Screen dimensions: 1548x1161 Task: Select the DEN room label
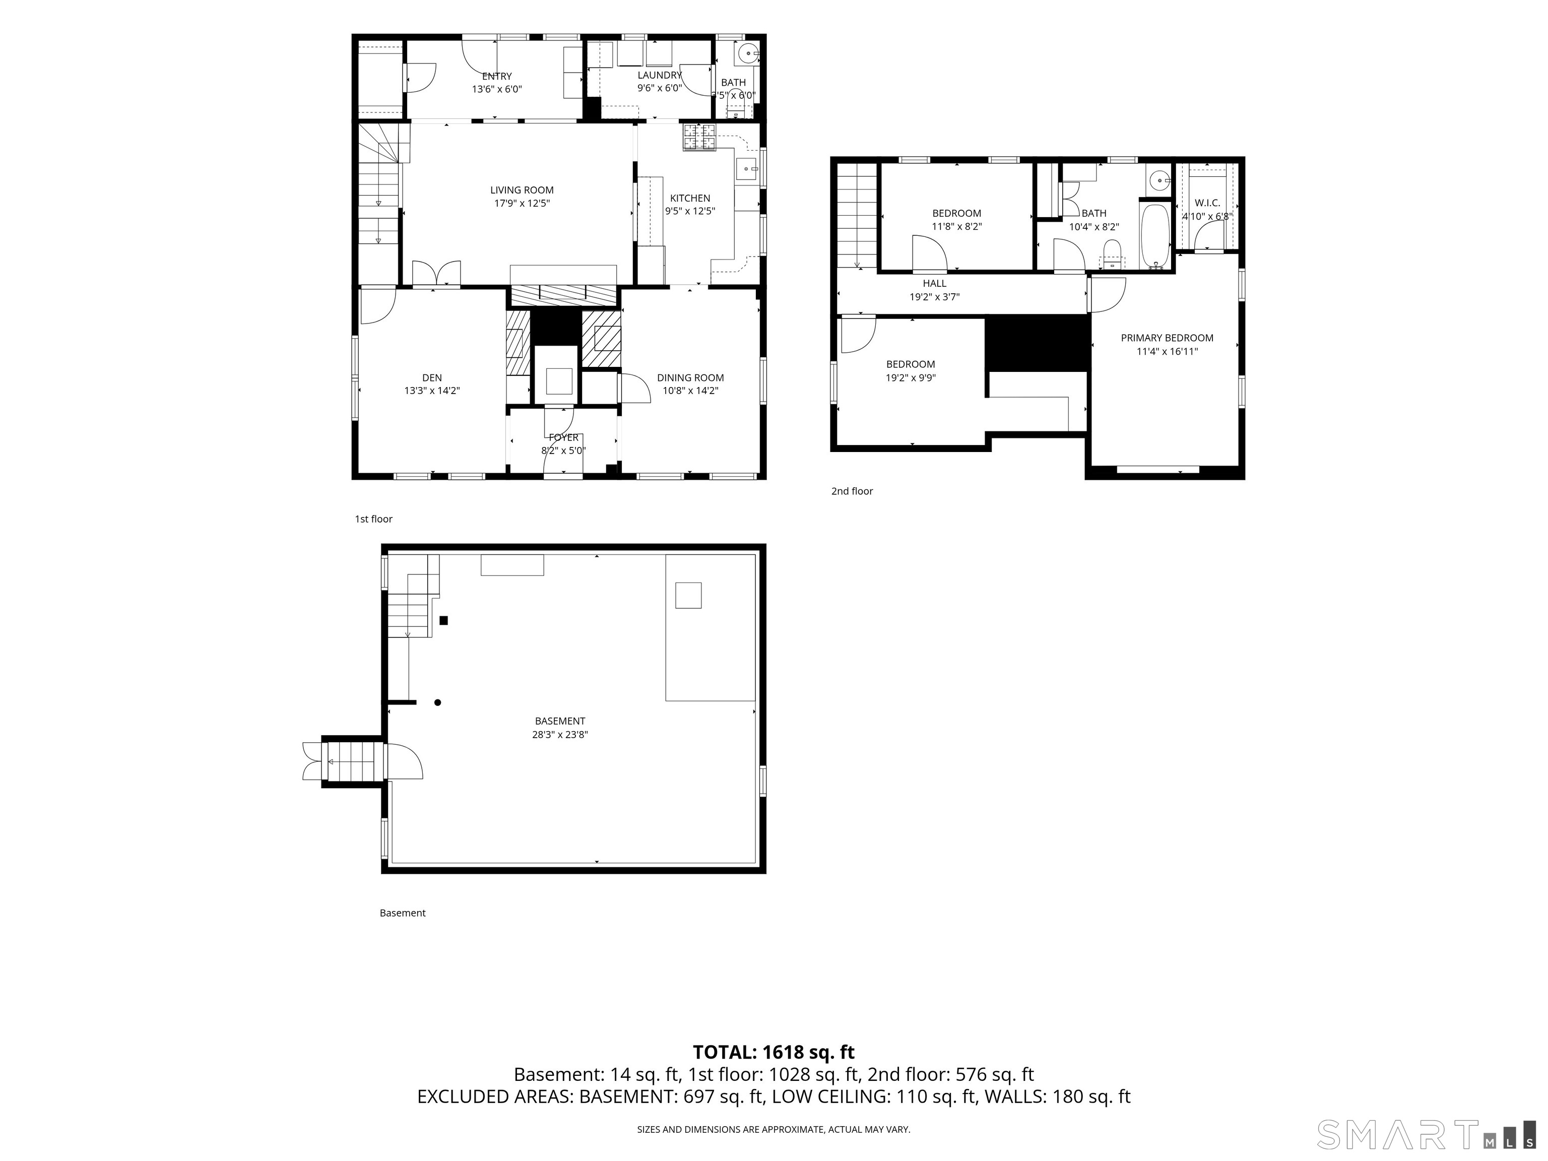coord(432,378)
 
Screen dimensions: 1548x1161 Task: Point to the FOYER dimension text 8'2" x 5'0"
coord(563,450)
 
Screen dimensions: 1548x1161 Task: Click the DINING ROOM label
coord(690,378)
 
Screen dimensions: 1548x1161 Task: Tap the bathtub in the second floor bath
coord(1155,236)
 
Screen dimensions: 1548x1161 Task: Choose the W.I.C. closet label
coord(1207,203)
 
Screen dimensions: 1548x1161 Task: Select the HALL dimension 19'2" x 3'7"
coord(934,297)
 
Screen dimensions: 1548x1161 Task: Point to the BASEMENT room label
coord(560,721)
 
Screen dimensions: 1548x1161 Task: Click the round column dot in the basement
coord(437,702)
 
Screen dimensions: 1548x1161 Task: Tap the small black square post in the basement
coord(443,620)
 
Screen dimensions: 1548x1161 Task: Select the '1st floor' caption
coord(374,519)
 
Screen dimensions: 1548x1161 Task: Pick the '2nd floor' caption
coord(852,491)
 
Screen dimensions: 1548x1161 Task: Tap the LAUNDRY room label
coord(659,76)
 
